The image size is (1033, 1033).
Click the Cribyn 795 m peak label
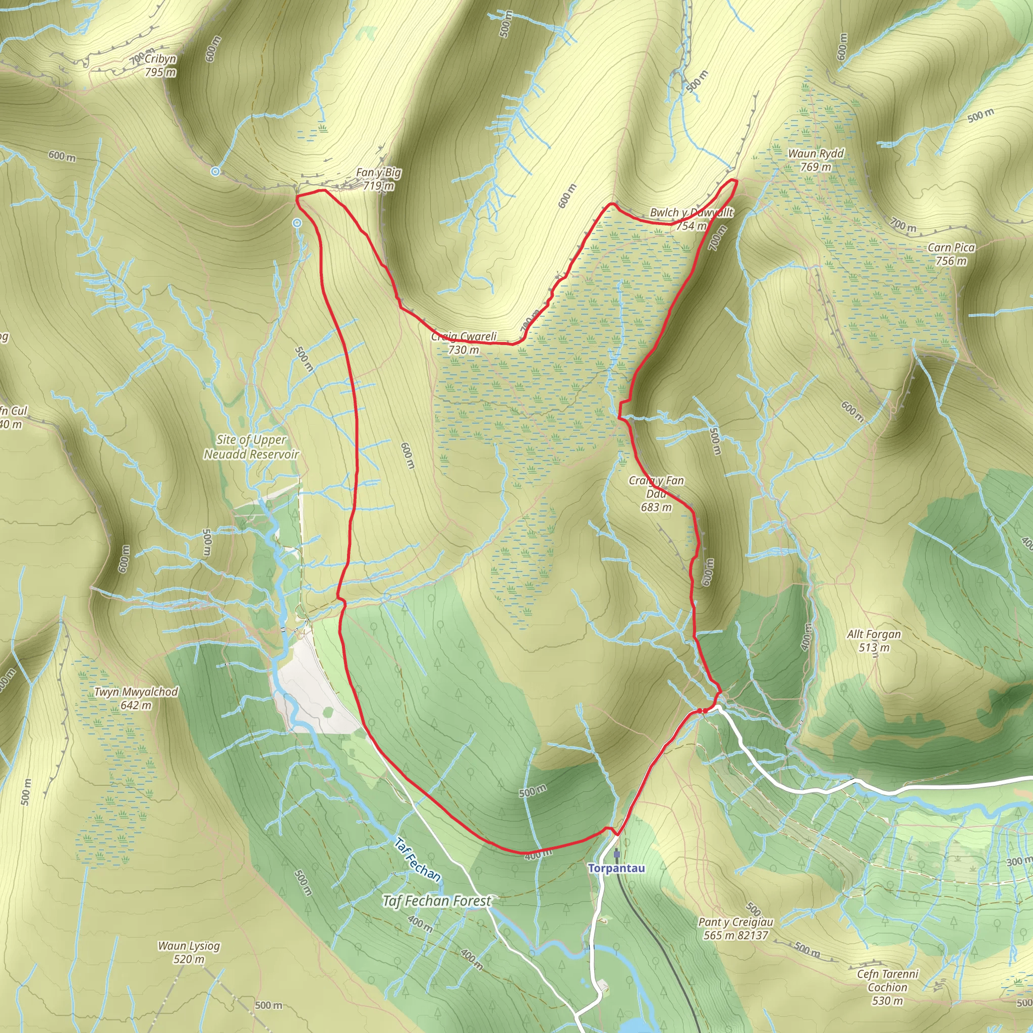click(x=160, y=65)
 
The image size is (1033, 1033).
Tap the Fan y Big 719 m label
click(x=379, y=179)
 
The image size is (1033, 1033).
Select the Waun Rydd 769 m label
click(x=816, y=160)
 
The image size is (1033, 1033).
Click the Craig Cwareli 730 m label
click(x=464, y=342)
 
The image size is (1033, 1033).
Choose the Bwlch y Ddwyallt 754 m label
click(x=692, y=219)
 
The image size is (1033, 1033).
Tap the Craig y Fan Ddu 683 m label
click(x=656, y=493)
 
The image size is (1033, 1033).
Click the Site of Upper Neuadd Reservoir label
click(x=251, y=447)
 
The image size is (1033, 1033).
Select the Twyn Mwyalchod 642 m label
click(x=136, y=698)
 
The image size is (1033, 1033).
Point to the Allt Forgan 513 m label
click(x=874, y=641)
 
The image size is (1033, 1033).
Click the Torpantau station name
click(x=616, y=868)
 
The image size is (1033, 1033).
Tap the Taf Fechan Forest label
click(x=437, y=901)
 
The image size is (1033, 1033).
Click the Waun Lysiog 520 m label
click(x=189, y=952)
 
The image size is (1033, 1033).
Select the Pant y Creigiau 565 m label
click(x=736, y=929)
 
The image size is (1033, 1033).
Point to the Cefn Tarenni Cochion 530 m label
click(x=888, y=987)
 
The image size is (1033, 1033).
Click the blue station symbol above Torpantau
click(x=616, y=854)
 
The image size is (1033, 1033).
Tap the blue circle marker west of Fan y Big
click(x=215, y=171)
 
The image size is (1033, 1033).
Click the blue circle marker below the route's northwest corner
click(x=297, y=223)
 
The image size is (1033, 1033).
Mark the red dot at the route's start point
click(x=700, y=711)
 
